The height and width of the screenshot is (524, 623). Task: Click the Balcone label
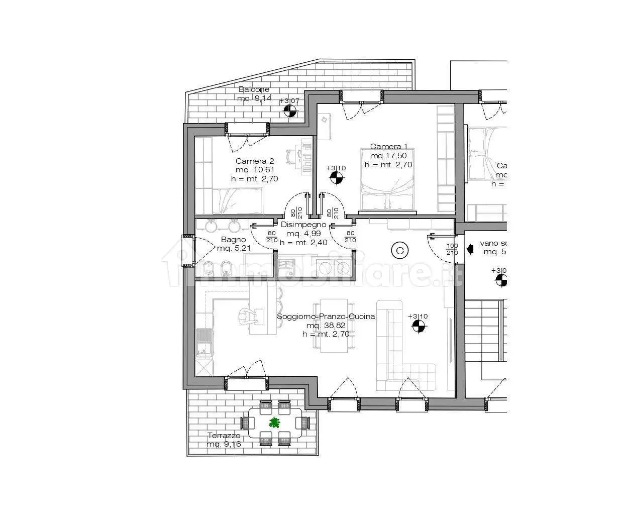(254, 89)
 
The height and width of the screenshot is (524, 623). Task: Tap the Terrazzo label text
(224, 436)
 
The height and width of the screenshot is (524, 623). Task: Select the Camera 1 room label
(388, 147)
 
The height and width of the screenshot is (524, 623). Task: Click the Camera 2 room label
(255, 161)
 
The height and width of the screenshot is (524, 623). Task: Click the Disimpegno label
(303, 225)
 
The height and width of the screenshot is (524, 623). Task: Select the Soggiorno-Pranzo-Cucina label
(326, 316)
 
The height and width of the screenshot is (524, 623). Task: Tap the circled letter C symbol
(399, 250)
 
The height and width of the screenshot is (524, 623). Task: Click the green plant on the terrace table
(274, 423)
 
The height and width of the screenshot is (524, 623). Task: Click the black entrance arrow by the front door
(470, 248)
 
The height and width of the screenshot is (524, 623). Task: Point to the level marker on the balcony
(289, 111)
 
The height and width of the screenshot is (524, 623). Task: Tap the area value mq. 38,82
(326, 325)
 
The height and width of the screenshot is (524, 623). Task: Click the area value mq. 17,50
(388, 156)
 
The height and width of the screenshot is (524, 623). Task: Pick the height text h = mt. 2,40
(303, 243)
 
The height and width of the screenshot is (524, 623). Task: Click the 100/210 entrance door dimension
(452, 249)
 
